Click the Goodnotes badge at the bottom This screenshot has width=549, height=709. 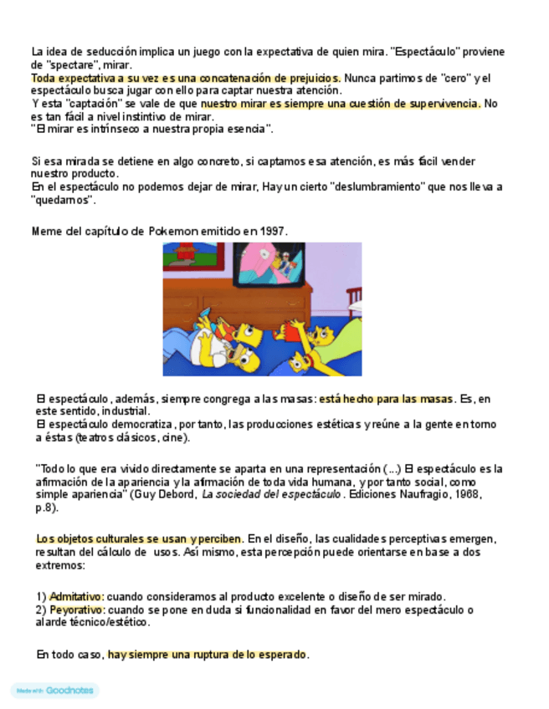pos(54,691)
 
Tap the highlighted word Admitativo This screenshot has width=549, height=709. pos(76,596)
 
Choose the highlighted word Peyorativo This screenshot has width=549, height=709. pos(76,610)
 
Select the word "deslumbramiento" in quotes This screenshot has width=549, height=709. pos(367,187)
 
